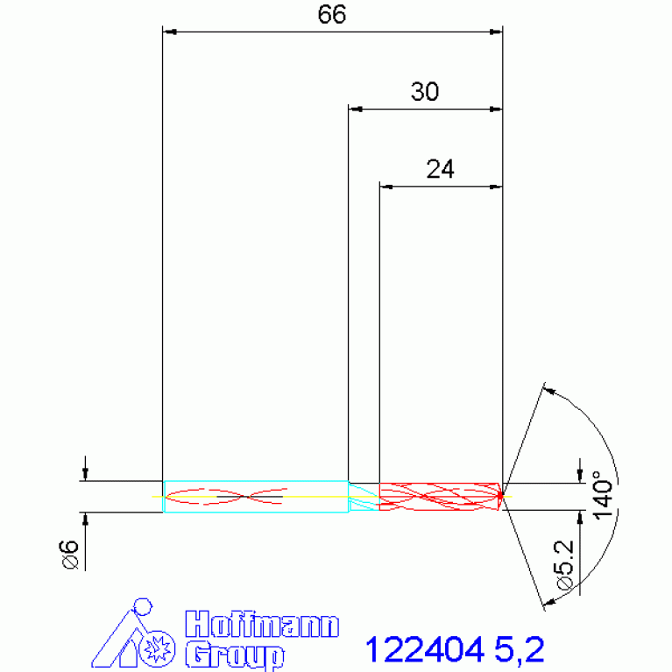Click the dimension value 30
pos(425,92)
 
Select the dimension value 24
pos(440,169)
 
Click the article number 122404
pos(425,650)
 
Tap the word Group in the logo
pos(235,654)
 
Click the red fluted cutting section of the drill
pos(438,496)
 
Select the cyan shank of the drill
pos(254,496)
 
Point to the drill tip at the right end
pos(502,496)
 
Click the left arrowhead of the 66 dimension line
pos(171,32)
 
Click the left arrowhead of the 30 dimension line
pos(355,110)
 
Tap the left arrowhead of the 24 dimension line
pos(386,187)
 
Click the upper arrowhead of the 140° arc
pos(549,390)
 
